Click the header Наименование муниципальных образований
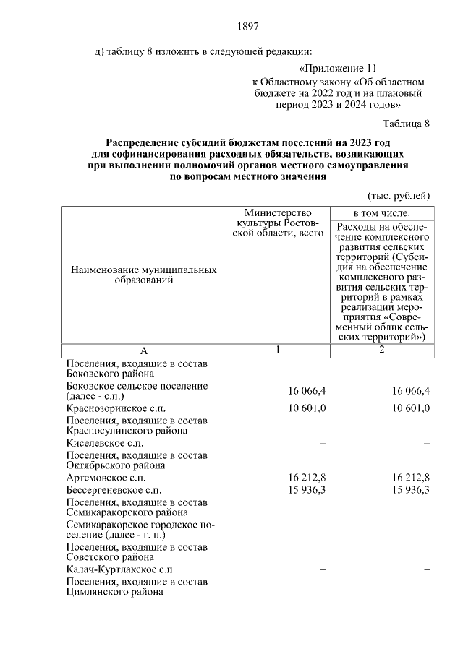pyautogui.click(x=144, y=275)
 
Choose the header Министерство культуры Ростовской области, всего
pyautogui.click(x=278, y=224)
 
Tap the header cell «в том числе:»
pyautogui.click(x=381, y=213)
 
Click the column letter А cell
pyautogui.click(x=144, y=350)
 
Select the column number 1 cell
pyautogui.click(x=278, y=350)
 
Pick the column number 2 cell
pyautogui.click(x=381, y=350)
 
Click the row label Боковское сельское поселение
pyautogui.click(x=137, y=391)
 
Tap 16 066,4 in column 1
pyautogui.click(x=307, y=391)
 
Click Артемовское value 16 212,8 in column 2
pyautogui.click(x=411, y=478)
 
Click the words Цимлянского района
pyautogui.click(x=114, y=592)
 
